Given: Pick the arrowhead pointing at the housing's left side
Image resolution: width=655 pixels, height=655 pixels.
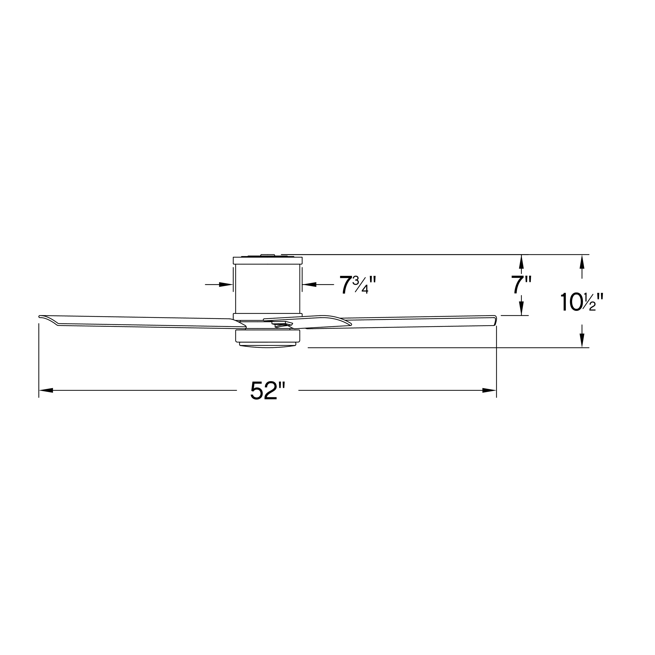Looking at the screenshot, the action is click(226, 284).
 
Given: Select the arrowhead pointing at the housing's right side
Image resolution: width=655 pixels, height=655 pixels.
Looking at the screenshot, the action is click(309, 284).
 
